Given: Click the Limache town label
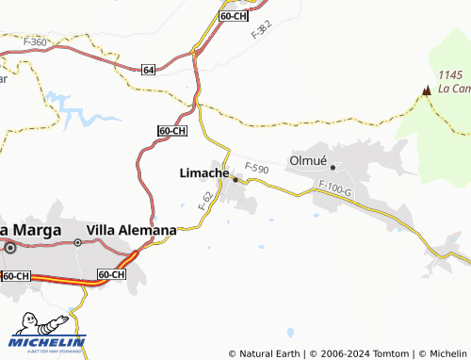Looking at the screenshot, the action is pyautogui.click(x=203, y=173).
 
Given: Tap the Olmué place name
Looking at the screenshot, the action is pyautogui.click(x=307, y=160).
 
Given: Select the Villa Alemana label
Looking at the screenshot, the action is pyautogui.click(x=131, y=230).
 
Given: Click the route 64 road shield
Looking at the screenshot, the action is pyautogui.click(x=150, y=70).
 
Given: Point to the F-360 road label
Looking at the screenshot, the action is pyautogui.click(x=35, y=42).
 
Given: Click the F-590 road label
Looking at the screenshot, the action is pyautogui.click(x=257, y=169).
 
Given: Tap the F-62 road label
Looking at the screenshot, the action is pyautogui.click(x=205, y=200).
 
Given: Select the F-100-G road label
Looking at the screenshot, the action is pyautogui.click(x=334, y=189).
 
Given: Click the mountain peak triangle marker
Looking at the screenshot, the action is pyautogui.click(x=427, y=90).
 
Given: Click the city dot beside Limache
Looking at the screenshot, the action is pyautogui.click(x=235, y=179).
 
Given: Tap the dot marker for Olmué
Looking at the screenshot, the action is pyautogui.click(x=333, y=168).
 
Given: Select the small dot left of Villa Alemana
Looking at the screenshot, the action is pyautogui.click(x=78, y=242).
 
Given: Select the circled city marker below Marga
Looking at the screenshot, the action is pyautogui.click(x=10, y=249).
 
